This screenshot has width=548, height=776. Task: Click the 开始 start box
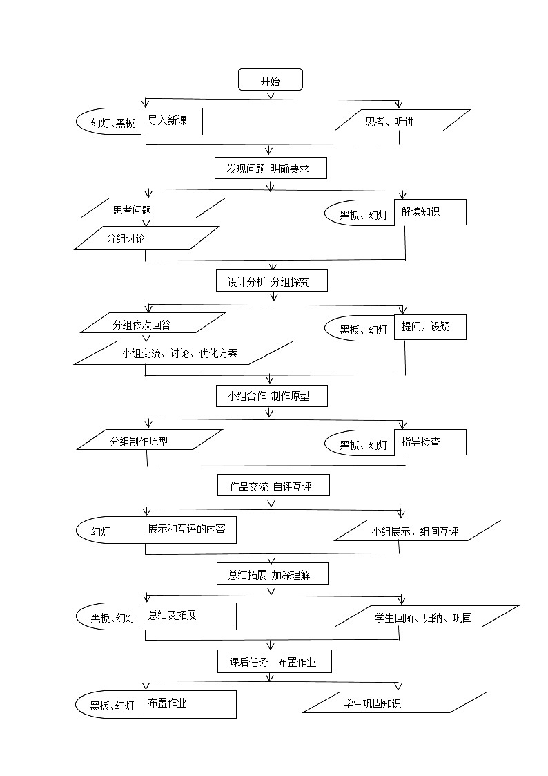[271, 80]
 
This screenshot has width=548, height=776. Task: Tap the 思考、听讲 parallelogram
[402, 121]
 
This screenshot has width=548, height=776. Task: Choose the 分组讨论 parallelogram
[146, 238]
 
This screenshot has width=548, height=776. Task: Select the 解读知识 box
[430, 212]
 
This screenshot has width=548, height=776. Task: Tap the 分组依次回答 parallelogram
[153, 324]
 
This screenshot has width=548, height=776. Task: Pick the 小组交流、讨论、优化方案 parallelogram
[184, 352]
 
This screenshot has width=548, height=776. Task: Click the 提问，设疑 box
[430, 326]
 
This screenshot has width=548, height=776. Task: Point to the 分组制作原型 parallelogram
[150, 440]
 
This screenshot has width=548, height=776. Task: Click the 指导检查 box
[430, 442]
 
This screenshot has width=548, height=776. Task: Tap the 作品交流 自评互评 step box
[273, 486]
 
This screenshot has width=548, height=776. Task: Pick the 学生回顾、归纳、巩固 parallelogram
[426, 617]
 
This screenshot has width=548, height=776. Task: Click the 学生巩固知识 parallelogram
[395, 703]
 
